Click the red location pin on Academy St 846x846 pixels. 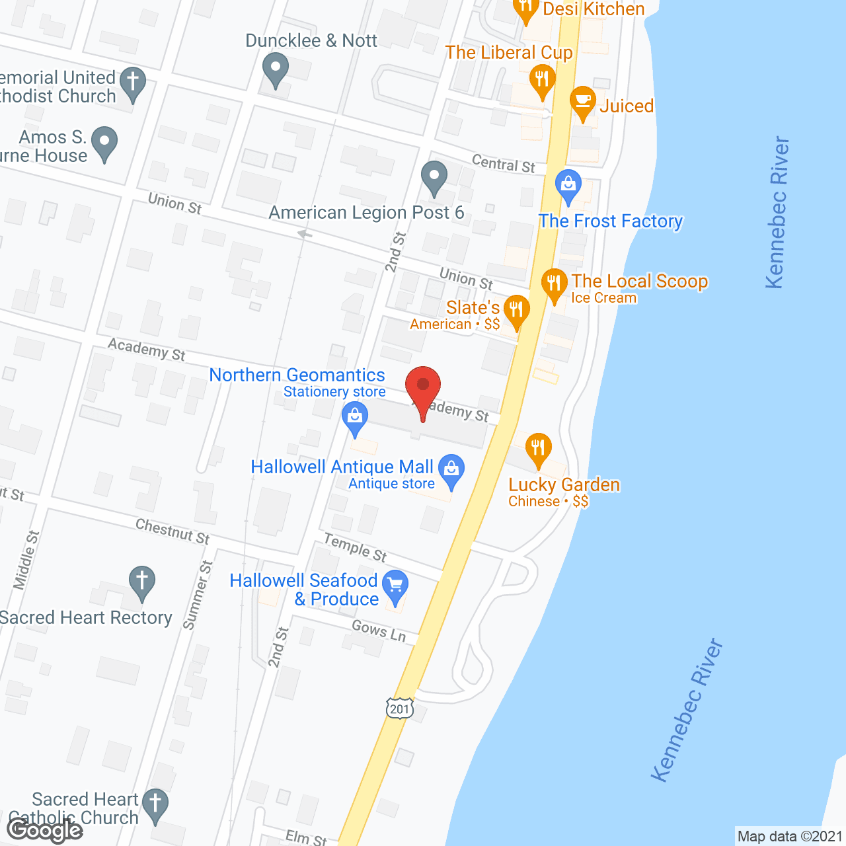click(423, 387)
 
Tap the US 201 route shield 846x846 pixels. click(400, 709)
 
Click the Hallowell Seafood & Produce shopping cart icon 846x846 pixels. click(395, 585)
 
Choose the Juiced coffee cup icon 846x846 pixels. click(582, 101)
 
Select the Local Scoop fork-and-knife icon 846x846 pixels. click(553, 284)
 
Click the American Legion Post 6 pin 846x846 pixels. click(434, 176)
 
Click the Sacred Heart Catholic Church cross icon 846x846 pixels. click(155, 804)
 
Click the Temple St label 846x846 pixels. click(355, 547)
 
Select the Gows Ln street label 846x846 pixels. click(379, 631)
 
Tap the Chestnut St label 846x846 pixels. click(173, 531)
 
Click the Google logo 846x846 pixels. click(45, 830)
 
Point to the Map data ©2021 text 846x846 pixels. click(790, 836)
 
